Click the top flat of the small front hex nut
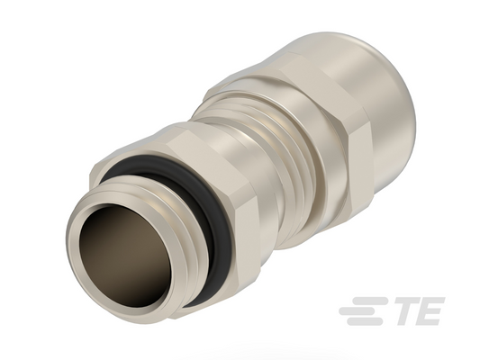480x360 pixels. [x=184, y=138]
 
